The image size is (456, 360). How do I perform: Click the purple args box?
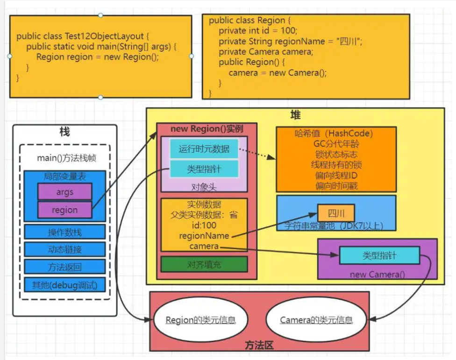click(64, 192)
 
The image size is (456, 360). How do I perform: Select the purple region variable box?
click(64, 210)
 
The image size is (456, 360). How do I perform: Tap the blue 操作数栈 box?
click(64, 232)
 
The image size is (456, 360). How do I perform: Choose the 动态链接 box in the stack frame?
click(64, 249)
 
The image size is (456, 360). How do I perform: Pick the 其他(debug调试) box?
click(64, 284)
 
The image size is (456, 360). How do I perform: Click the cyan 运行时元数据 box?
click(204, 149)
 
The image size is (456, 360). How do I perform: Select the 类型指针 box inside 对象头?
click(204, 169)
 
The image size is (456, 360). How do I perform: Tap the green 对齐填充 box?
click(204, 264)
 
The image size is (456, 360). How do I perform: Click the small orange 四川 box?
click(335, 213)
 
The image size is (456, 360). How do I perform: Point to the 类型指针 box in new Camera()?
click(379, 256)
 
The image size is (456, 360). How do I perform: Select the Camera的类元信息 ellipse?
click(316, 320)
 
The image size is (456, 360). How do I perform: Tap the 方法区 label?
click(259, 345)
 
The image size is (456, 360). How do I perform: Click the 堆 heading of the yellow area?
click(295, 115)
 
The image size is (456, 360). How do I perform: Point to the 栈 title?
click(64, 132)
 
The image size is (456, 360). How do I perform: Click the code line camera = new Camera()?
click(278, 73)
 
